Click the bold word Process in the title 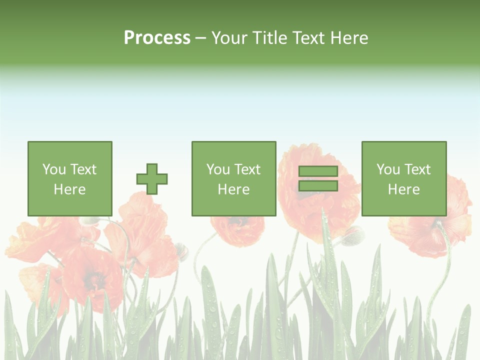point(157,38)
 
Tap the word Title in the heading point(271,38)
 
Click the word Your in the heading point(231,38)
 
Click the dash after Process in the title point(200,38)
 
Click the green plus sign point(152,179)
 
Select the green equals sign point(318,179)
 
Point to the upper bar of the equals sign point(318,171)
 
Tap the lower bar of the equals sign point(318,186)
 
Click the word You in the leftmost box point(54,169)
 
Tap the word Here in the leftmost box point(69,189)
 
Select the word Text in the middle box point(248,169)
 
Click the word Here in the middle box point(233,189)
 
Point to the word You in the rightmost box point(388,169)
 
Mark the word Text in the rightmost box point(418,169)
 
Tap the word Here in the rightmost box point(403,189)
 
